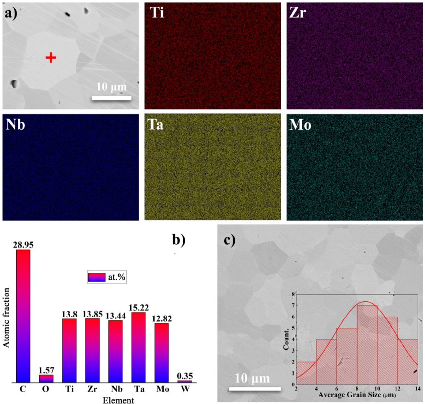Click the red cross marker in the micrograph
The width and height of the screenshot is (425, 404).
(51, 57)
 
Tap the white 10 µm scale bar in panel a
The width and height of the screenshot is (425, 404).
(111, 97)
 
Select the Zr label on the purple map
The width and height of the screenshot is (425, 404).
(299, 13)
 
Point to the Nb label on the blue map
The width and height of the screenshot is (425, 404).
(16, 125)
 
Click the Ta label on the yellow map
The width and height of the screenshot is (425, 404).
(158, 125)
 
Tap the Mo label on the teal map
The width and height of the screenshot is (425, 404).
(301, 125)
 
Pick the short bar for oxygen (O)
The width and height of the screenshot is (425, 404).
(46, 378)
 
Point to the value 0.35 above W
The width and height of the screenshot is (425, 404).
(185, 375)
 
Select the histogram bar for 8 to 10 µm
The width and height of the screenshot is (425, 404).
(368, 344)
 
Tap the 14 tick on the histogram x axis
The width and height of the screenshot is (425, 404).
(418, 389)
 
